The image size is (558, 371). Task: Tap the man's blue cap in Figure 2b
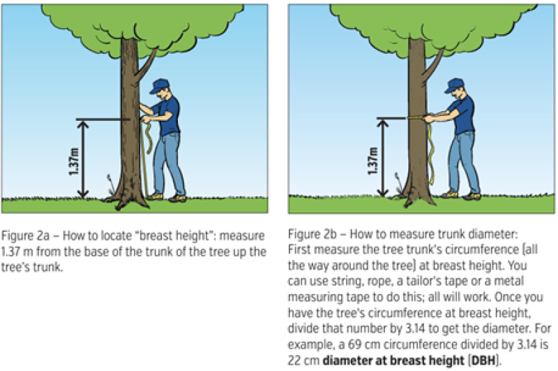(x=454, y=85)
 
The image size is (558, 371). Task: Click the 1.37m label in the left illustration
(x=74, y=161)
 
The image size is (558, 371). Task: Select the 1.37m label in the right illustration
(x=372, y=161)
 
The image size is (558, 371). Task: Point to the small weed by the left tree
(x=111, y=184)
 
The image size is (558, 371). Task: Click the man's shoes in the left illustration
(x=167, y=197)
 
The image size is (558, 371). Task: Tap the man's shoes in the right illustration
(x=461, y=196)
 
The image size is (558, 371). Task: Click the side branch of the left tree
(x=145, y=66)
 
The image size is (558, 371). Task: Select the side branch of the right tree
(x=432, y=65)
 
